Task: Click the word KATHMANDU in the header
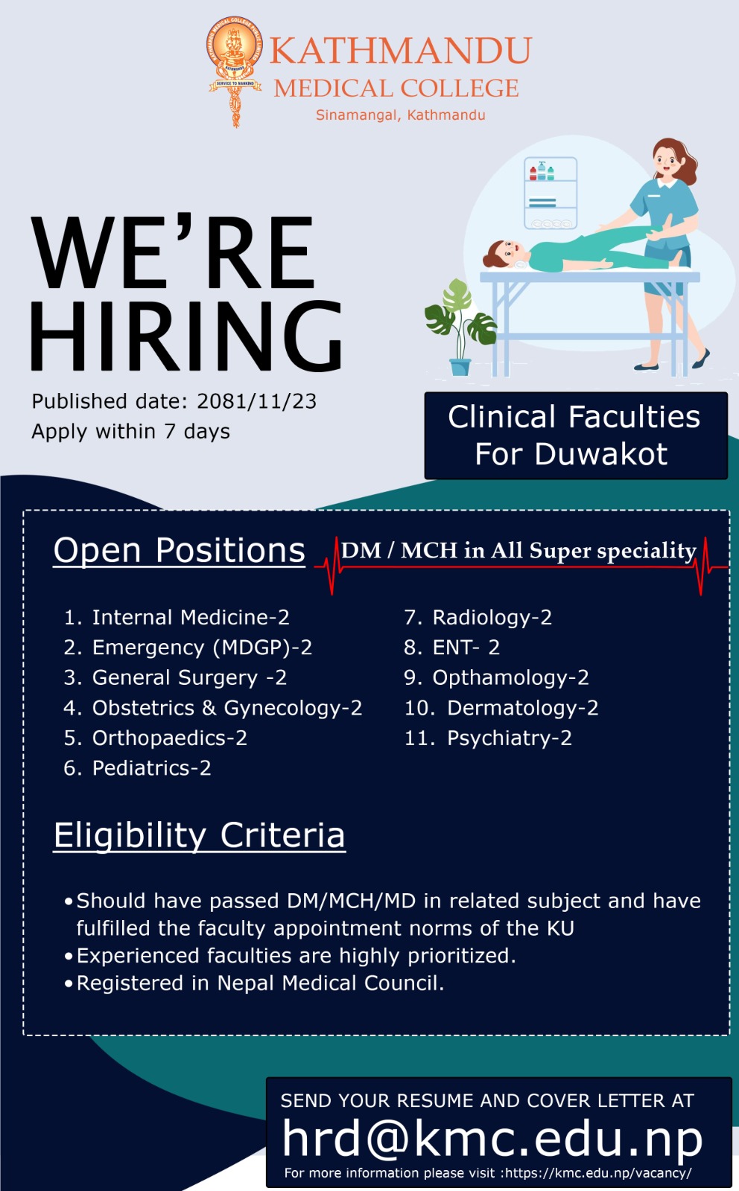click(400, 51)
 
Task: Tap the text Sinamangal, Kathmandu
click(401, 115)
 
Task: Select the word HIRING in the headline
click(185, 336)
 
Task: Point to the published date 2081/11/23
click(256, 401)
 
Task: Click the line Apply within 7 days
click(131, 431)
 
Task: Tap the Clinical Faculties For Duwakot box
click(576, 435)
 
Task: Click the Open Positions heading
click(180, 550)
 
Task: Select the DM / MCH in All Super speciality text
click(518, 550)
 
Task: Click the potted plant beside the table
click(460, 327)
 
